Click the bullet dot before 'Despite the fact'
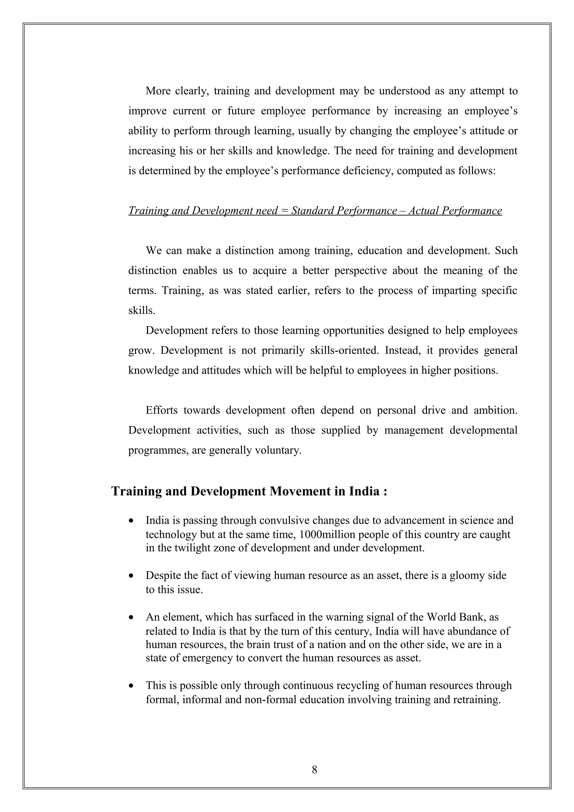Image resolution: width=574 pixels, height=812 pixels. (x=131, y=576)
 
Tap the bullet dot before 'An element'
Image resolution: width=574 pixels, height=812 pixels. (x=131, y=618)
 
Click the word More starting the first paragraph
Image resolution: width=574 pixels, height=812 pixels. (x=158, y=91)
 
